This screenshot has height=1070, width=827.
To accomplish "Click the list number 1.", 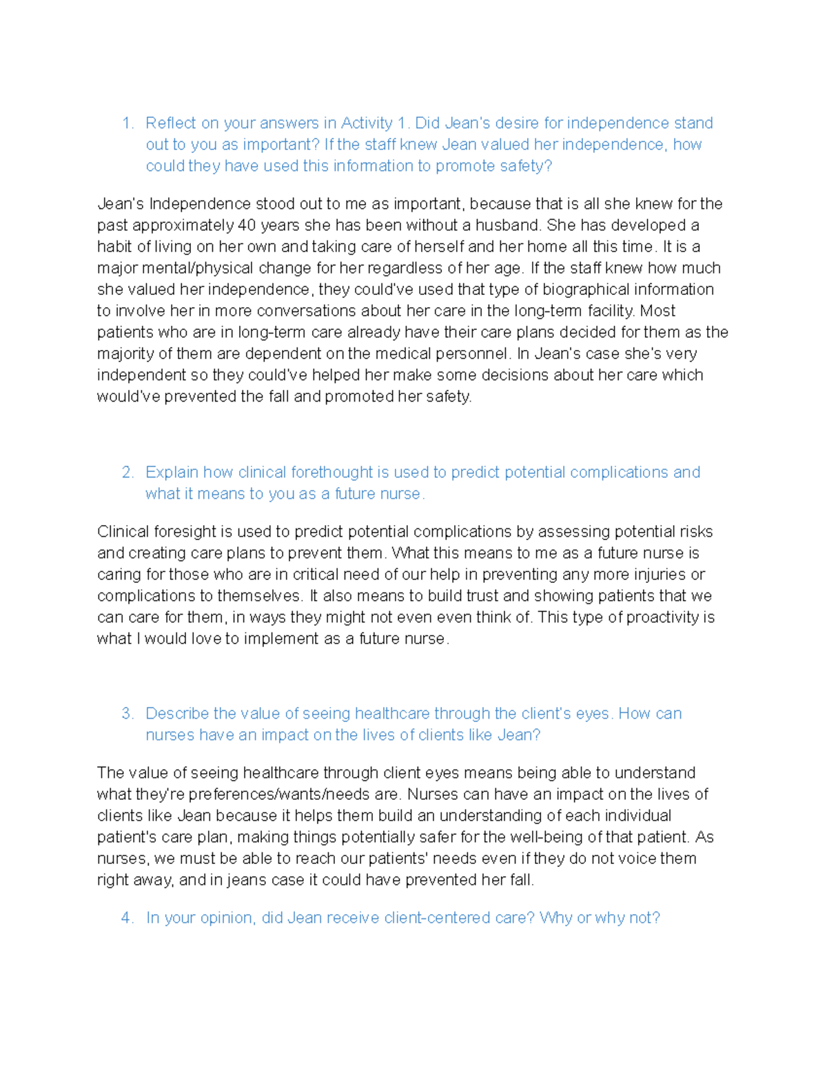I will pos(127,123).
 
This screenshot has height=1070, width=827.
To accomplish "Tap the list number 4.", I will pos(127,918).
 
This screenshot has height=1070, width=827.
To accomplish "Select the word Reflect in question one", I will pos(171,123).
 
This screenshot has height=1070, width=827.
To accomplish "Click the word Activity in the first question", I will pos(367,123).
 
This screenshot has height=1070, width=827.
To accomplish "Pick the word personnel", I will pos(473,354).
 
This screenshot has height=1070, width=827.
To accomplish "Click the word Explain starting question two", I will pos(172,473).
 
